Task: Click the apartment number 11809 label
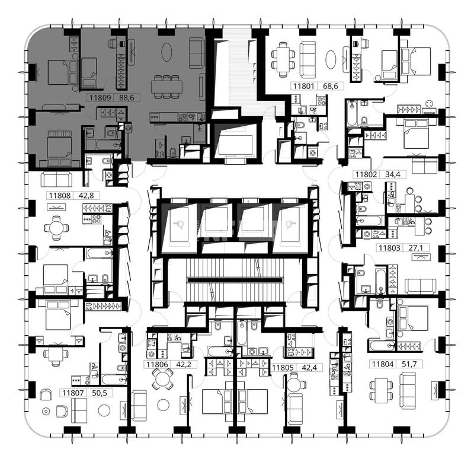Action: pyautogui.click(x=101, y=98)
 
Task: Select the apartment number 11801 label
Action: pyautogui.click(x=304, y=86)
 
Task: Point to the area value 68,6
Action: pyautogui.click(x=331, y=86)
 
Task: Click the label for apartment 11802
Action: pyautogui.click(x=366, y=174)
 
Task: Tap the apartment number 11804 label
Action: pyautogui.click(x=383, y=364)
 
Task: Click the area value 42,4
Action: pyautogui.click(x=309, y=368)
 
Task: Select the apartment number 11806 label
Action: pyautogui.click(x=157, y=364)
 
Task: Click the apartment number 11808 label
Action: pyautogui.click(x=60, y=196)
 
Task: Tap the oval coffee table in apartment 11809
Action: pyautogui.click(x=166, y=52)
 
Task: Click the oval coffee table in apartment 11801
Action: pyautogui.click(x=331, y=59)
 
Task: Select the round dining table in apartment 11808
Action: pyautogui.click(x=56, y=228)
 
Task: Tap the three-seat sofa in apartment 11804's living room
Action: pyautogui.click(x=407, y=391)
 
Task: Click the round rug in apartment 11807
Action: pyautogui.click(x=104, y=410)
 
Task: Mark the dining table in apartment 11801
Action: pyautogui.click(x=283, y=59)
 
